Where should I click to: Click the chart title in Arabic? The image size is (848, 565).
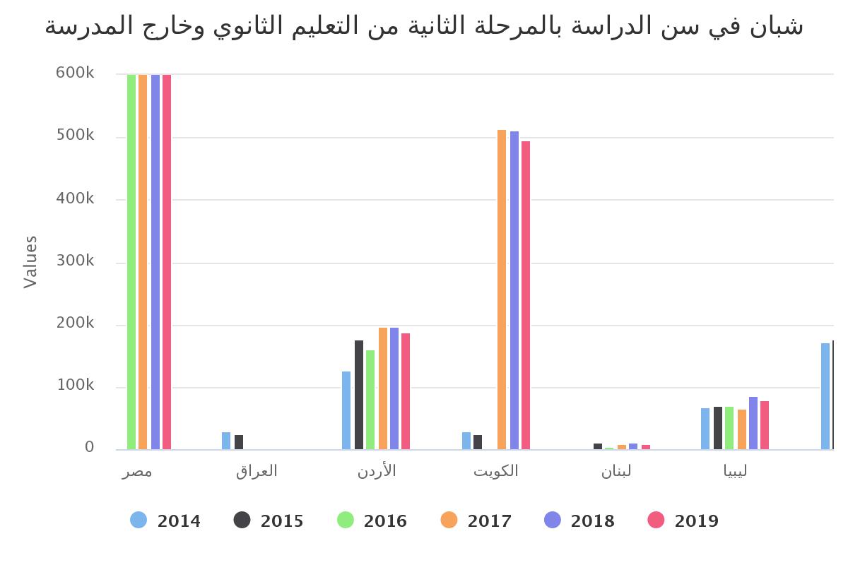point(424,26)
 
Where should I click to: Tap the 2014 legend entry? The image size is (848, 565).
point(165,521)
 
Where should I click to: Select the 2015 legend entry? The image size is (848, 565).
point(269,521)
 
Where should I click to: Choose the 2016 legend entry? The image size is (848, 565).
point(372,521)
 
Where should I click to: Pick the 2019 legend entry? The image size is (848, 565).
point(683,521)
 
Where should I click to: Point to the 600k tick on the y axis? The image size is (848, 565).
point(75,73)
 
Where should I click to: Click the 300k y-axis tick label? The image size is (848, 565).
point(75,261)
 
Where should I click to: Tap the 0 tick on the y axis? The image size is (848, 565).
point(90,447)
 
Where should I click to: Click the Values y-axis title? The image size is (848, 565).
point(30,262)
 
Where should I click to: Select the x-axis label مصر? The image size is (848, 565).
point(137,471)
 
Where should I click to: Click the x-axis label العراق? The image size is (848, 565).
point(257,471)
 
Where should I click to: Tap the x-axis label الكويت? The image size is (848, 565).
point(496,471)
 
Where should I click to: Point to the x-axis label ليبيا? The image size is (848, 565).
point(736,471)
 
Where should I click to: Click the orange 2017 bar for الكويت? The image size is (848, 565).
point(502,290)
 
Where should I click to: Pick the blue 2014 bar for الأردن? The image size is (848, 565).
point(346,410)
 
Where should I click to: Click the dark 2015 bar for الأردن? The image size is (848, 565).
point(359,395)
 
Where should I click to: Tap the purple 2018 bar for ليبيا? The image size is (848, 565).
point(753,423)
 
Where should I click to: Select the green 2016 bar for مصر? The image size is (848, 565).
point(131,261)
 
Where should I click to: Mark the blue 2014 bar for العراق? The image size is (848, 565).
point(226,441)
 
